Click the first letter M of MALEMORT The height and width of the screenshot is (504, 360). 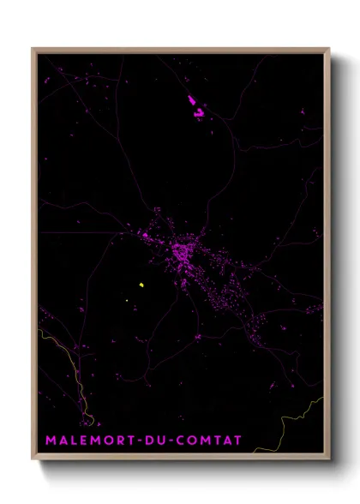click(50, 441)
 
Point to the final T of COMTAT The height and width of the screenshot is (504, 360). click(237, 441)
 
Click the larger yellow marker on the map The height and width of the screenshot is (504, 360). click(141, 285)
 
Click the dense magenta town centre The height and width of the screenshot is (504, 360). click(182, 253)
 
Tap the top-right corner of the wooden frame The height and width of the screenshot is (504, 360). click(329, 49)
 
